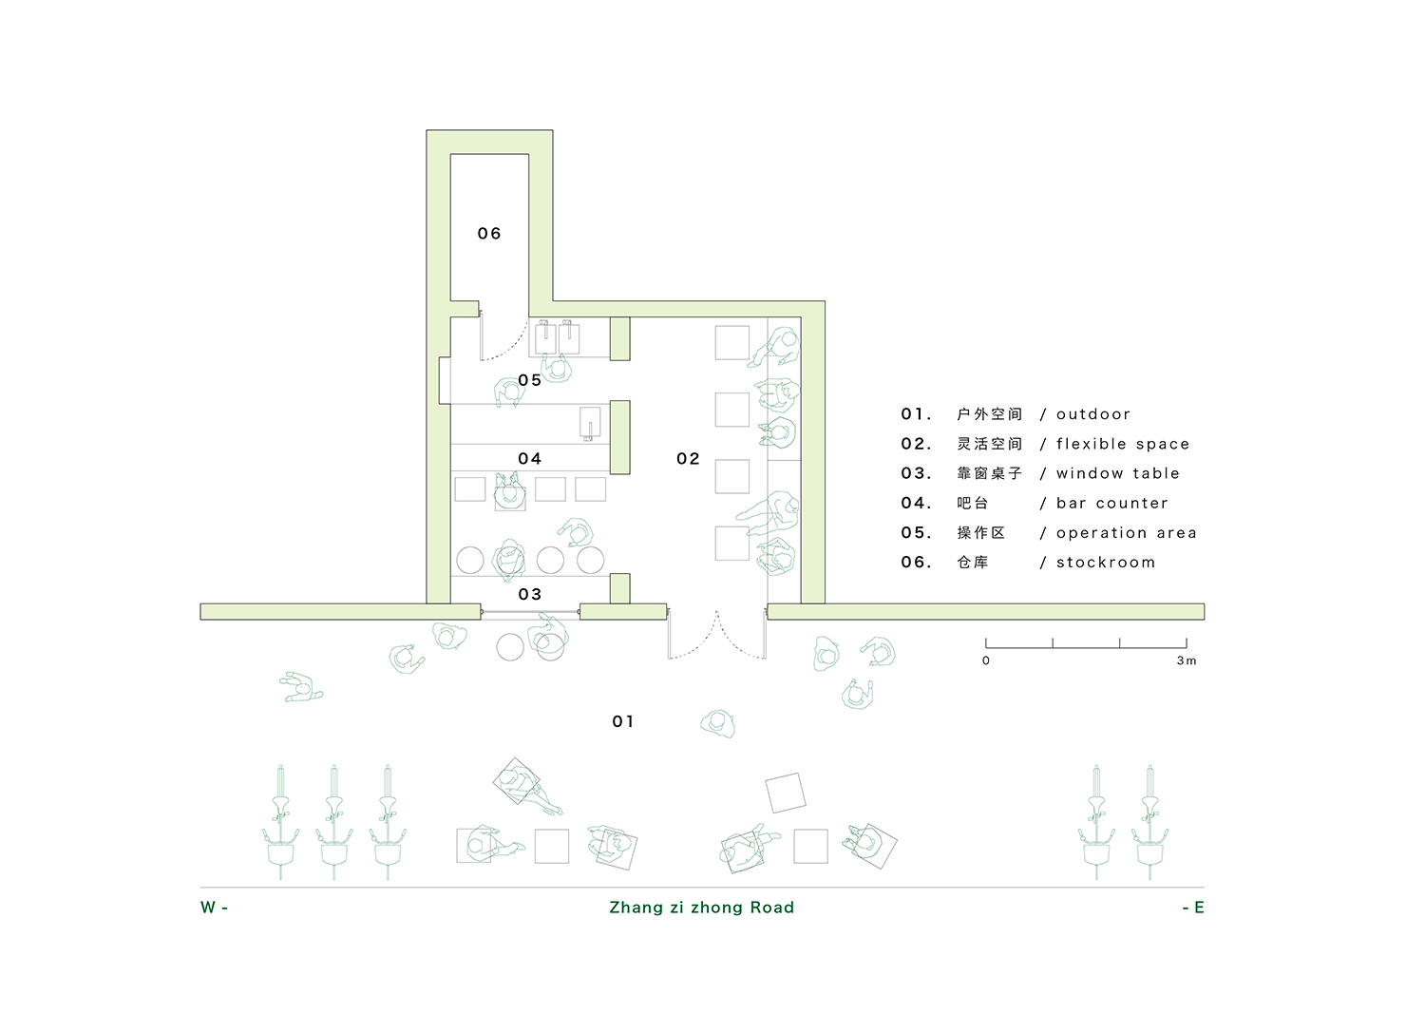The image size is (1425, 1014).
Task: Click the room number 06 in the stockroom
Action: [488, 234]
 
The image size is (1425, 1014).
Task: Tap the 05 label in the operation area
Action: [529, 380]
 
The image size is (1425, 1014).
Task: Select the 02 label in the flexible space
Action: [688, 458]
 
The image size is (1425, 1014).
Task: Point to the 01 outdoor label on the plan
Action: [623, 721]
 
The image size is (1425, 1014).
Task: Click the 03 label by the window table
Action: [529, 594]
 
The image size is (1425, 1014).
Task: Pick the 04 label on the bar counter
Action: [529, 458]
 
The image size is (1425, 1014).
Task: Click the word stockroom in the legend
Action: [1106, 562]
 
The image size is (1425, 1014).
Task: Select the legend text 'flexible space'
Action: [1123, 444]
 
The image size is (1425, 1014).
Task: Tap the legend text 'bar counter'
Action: [1112, 503]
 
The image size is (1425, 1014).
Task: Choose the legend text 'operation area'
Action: [1127, 533]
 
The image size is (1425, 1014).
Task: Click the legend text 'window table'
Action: [1118, 473]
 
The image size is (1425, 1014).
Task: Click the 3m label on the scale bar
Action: [1187, 660]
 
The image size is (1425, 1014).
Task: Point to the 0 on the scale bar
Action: [986, 660]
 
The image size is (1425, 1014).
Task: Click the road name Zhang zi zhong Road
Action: [702, 907]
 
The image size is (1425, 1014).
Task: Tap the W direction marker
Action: [214, 907]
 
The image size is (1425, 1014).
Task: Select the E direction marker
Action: [1193, 907]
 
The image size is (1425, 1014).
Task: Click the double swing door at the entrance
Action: [716, 633]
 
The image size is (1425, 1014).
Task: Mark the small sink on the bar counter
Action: [590, 423]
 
